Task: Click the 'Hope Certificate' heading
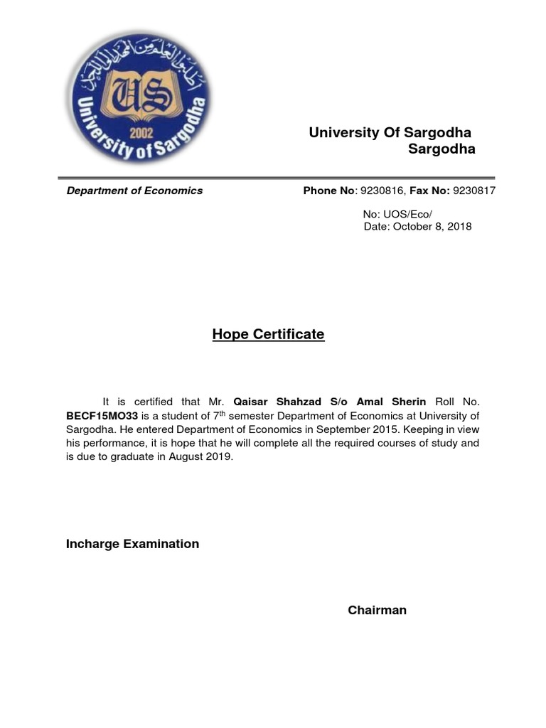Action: coord(268,334)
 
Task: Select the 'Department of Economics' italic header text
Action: coord(134,191)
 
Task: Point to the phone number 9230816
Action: coord(382,191)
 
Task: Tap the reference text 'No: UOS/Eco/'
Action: coord(397,213)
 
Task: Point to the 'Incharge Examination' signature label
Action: coord(132,544)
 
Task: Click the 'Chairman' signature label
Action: coord(377,610)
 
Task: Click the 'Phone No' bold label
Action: coord(328,191)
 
